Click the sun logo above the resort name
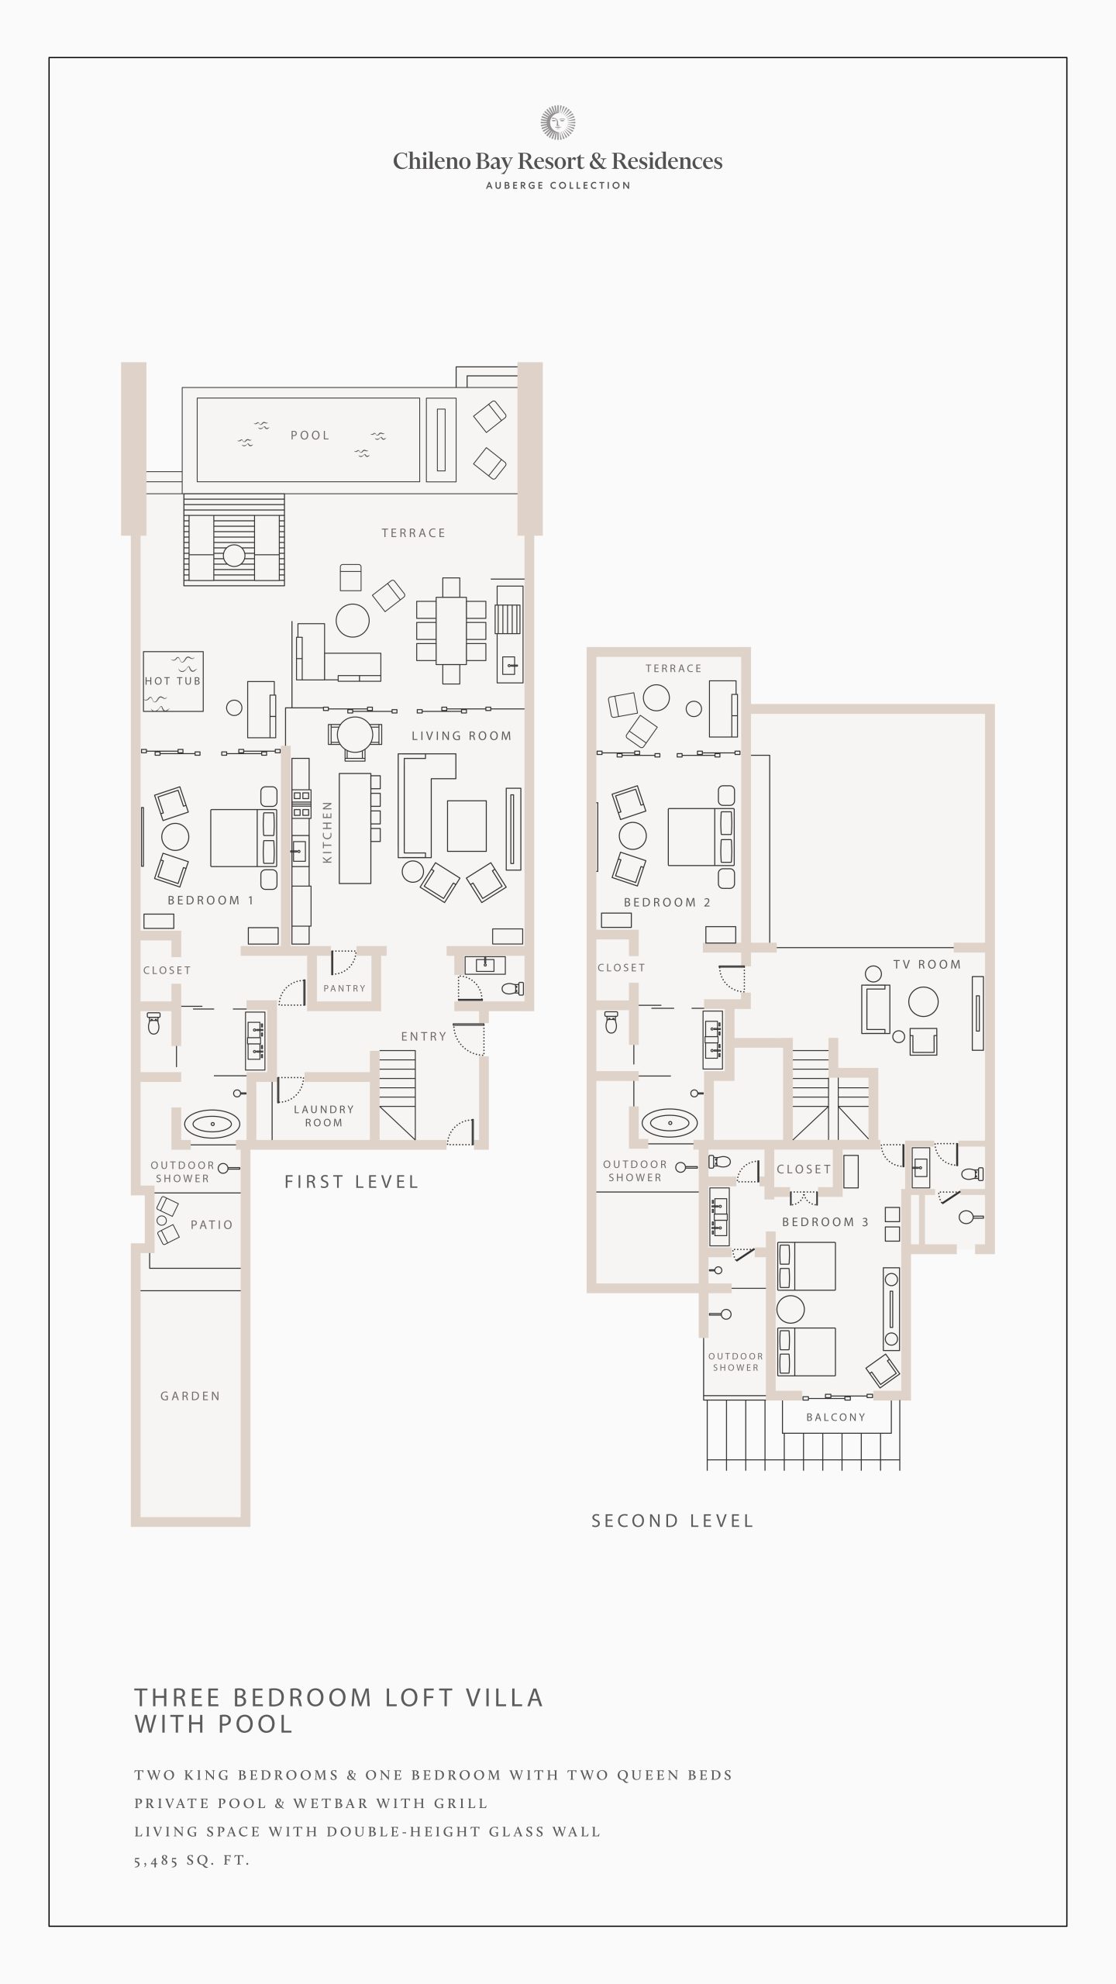point(558,122)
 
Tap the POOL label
point(310,436)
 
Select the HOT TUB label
point(173,681)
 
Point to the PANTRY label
point(344,988)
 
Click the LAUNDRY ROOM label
point(324,1116)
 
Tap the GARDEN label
point(191,1396)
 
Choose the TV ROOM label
point(927,964)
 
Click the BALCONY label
point(835,1417)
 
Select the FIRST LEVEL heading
point(352,1182)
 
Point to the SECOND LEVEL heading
point(673,1521)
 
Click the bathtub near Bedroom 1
point(212,1123)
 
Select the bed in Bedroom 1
point(243,838)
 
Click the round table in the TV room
point(923,1001)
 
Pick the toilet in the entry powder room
point(513,988)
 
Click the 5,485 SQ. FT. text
point(192,1860)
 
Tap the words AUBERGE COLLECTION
point(558,185)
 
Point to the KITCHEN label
point(327,832)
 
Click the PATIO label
point(212,1224)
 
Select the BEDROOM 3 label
point(825,1222)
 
